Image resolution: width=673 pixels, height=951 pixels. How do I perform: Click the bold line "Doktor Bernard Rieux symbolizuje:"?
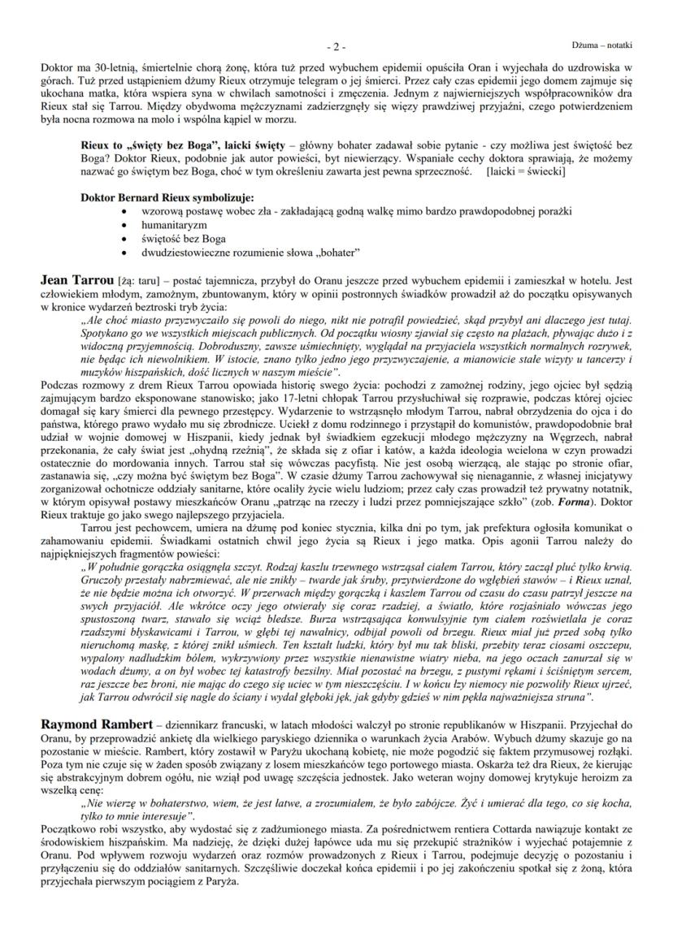(x=167, y=197)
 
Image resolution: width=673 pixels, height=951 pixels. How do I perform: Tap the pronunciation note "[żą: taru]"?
(x=140, y=281)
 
